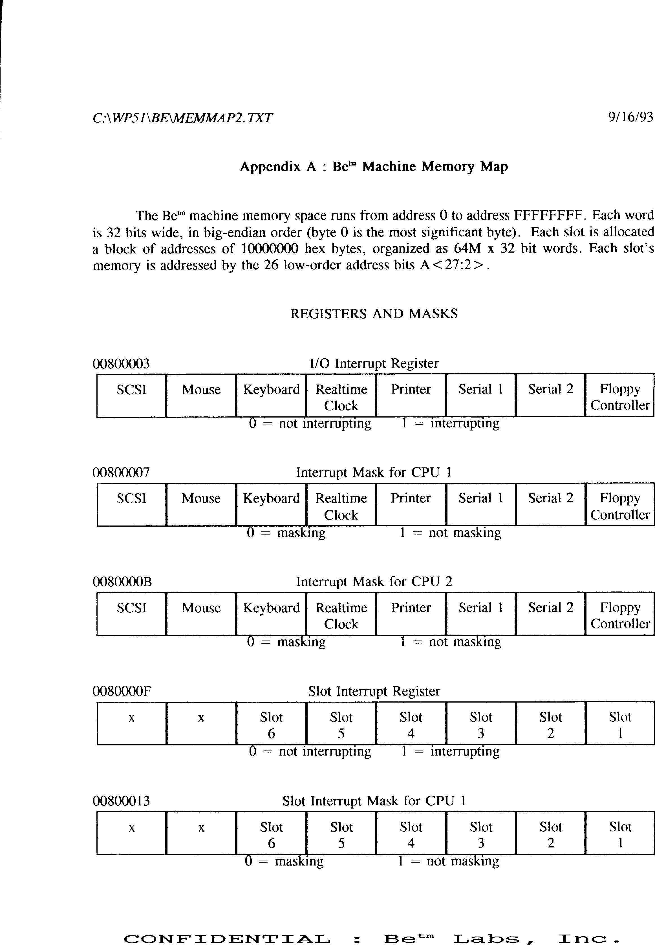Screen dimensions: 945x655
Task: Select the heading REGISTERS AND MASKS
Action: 374,314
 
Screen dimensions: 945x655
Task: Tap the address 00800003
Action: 121,364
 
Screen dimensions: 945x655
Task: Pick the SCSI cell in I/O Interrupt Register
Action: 131,395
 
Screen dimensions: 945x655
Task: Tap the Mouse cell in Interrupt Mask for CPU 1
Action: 201,504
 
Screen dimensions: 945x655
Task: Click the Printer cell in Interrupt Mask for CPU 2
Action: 411,613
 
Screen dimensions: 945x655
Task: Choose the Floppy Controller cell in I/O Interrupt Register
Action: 620,395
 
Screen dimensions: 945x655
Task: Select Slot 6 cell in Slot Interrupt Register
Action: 271,723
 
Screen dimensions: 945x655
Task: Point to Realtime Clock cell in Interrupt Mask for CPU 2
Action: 341,614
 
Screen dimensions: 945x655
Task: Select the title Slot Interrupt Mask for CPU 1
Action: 374,801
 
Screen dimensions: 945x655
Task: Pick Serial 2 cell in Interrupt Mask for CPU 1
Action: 550,504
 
